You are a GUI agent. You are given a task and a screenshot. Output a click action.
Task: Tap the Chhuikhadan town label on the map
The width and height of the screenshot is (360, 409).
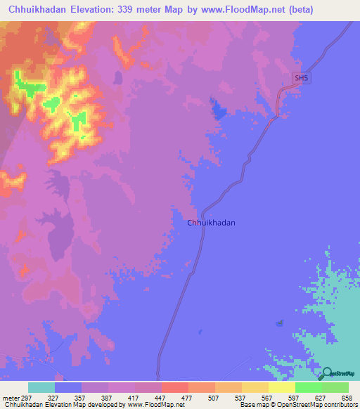pos(211,223)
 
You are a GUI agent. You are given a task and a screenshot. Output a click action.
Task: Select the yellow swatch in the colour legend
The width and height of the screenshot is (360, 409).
pos(281,387)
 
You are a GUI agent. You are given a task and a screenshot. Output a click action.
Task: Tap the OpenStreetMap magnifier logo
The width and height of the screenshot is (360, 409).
pos(328,373)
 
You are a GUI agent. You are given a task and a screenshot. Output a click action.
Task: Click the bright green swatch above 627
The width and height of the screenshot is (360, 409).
pos(308,387)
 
